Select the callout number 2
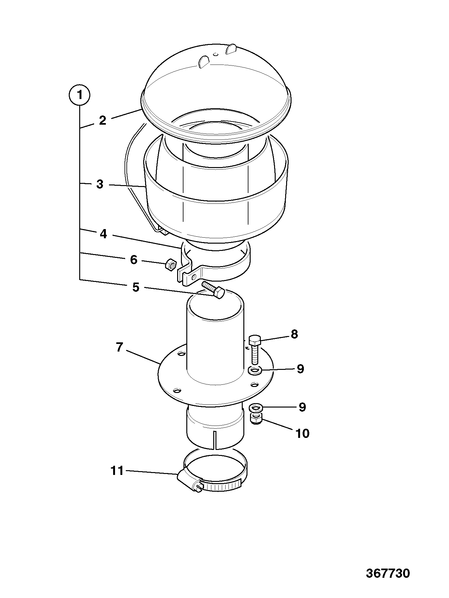click(x=102, y=121)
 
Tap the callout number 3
click(x=100, y=184)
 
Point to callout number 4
click(x=103, y=234)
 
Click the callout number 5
click(x=136, y=288)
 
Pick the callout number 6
click(x=133, y=260)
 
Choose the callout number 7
click(x=119, y=347)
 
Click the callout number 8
click(x=294, y=334)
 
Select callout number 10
click(x=302, y=433)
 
